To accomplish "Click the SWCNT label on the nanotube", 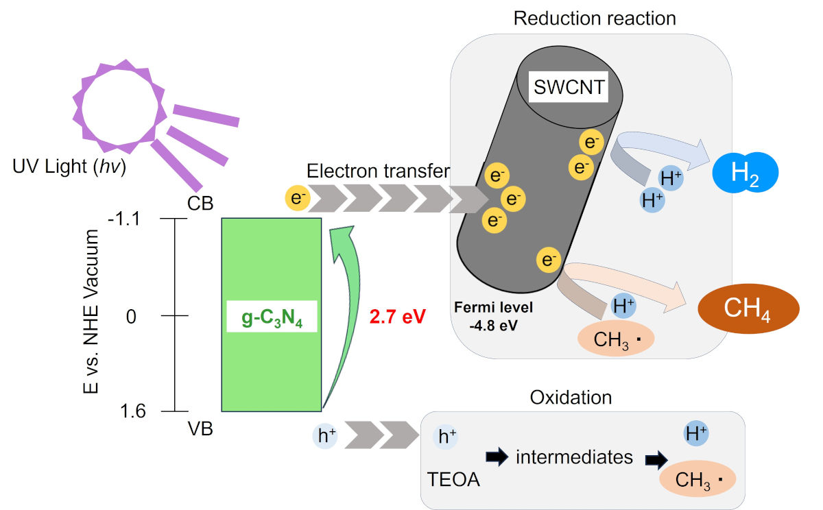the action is click(569, 87).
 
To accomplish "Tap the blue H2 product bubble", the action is click(745, 172).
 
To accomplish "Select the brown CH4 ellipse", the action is click(748, 308).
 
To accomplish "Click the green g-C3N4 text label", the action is click(272, 317).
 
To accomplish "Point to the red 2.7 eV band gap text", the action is click(398, 316).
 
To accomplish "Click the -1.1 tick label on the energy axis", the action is click(124, 219).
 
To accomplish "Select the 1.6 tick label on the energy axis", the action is click(132, 411).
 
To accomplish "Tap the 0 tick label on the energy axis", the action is click(131, 316).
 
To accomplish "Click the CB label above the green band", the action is click(200, 203).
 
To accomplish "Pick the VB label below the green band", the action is click(200, 428).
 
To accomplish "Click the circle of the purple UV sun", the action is click(120, 106).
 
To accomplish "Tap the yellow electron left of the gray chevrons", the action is click(298, 198).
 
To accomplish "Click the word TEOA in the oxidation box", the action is click(453, 479).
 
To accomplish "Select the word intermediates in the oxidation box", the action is click(574, 457).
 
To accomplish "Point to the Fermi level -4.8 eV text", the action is click(493, 316).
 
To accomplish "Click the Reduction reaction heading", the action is click(595, 18).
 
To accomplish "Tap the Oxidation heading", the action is click(571, 398).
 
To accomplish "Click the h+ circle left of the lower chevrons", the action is click(325, 435).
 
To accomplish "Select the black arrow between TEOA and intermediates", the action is click(497, 457).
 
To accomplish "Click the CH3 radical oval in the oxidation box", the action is click(697, 478).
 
